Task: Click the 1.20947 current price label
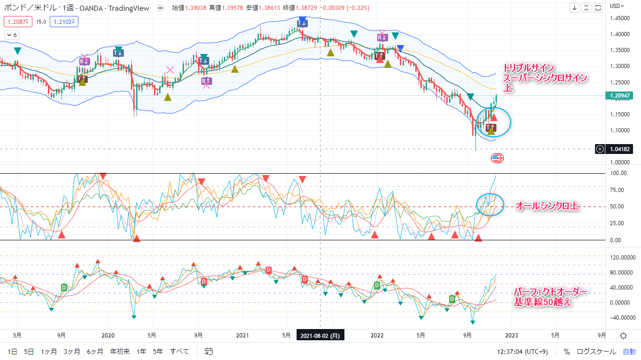621,96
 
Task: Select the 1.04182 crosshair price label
620,149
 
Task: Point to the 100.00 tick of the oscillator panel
618,173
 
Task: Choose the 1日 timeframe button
13,351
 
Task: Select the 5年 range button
158,351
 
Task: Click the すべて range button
180,351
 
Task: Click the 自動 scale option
629,351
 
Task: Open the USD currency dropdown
617,6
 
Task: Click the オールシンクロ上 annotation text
548,206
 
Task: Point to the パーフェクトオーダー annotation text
550,292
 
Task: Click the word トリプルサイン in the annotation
529,67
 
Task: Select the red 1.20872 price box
18,21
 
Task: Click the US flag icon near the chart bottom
497,158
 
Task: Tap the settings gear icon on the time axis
623,336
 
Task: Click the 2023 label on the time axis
511,336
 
